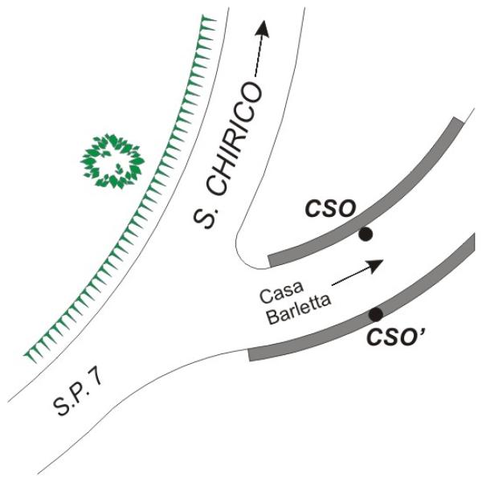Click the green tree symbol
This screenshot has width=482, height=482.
point(112,161)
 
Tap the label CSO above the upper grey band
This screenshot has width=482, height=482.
point(330,209)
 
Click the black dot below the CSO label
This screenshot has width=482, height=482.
point(366,235)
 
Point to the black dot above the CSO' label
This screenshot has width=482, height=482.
point(376,314)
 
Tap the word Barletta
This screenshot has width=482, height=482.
point(299,310)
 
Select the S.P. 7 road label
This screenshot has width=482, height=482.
point(77,395)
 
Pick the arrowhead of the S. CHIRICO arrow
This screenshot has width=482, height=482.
point(262,29)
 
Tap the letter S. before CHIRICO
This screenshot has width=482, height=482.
point(204,217)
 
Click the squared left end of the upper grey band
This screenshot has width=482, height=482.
point(270,261)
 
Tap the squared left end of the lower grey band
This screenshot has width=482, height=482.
point(249,355)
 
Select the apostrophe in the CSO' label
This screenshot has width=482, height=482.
point(423,331)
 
